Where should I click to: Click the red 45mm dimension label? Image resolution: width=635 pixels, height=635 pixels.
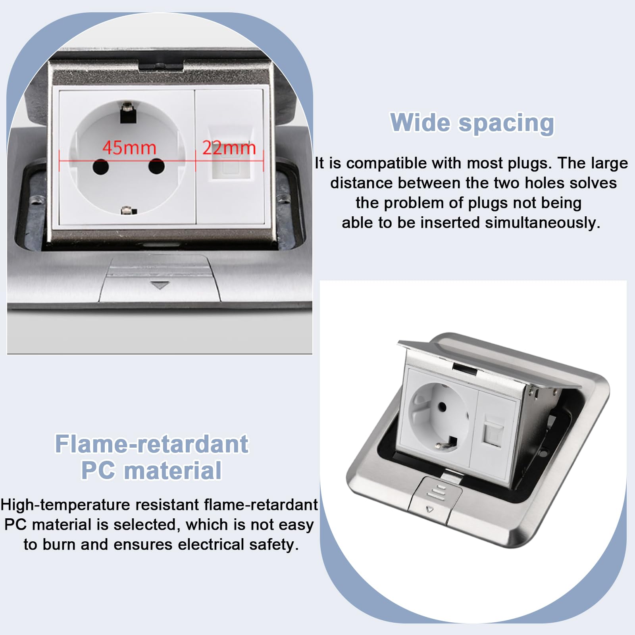pyautogui.click(x=129, y=148)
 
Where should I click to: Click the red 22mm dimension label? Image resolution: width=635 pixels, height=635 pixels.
pyautogui.click(x=229, y=148)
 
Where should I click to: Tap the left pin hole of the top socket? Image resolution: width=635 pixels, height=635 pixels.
pyautogui.click(x=101, y=167)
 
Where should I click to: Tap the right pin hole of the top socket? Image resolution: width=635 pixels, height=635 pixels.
pyautogui.click(x=156, y=166)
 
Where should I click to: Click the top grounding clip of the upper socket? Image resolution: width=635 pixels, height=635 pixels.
pyautogui.click(x=128, y=113)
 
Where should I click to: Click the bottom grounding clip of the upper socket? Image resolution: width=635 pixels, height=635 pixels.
pyautogui.click(x=129, y=210)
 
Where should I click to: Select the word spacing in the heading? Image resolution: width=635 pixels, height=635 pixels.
pyautogui.click(x=506, y=124)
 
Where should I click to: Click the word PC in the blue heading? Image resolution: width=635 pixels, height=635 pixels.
pyautogui.click(x=99, y=470)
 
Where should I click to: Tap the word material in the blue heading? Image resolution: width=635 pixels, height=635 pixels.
pyautogui.click(x=173, y=470)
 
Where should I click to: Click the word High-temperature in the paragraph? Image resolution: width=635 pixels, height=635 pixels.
pyautogui.click(x=66, y=505)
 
